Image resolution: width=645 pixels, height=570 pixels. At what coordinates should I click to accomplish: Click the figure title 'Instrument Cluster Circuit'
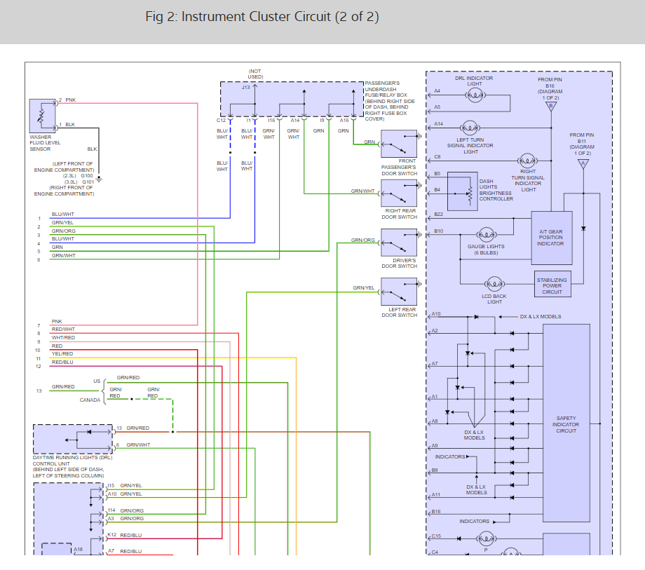click(x=256, y=16)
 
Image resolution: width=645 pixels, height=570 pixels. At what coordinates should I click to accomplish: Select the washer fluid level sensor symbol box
click(x=42, y=116)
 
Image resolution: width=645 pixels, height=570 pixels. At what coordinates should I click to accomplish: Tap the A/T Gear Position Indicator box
click(x=552, y=238)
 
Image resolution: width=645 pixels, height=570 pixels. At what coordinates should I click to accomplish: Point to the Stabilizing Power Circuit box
click(x=552, y=284)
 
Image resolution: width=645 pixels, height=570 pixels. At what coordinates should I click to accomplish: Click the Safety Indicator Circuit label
click(x=566, y=424)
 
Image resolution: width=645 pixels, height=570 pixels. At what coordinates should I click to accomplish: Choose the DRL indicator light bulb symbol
click(x=475, y=95)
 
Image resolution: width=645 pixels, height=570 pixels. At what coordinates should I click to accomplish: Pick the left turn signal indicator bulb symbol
click(x=470, y=128)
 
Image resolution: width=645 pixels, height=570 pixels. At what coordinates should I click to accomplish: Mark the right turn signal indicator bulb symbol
click(x=527, y=161)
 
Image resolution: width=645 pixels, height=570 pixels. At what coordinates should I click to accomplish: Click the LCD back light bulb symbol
click(x=494, y=284)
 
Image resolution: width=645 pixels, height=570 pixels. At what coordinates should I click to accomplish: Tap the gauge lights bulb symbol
click(x=487, y=235)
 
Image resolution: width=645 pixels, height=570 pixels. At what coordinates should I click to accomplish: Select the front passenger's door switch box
click(x=399, y=144)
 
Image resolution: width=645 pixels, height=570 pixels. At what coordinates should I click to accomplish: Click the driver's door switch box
click(x=399, y=242)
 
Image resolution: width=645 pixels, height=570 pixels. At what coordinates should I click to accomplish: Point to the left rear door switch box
click(x=399, y=292)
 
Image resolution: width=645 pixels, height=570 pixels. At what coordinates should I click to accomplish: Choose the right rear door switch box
click(x=399, y=193)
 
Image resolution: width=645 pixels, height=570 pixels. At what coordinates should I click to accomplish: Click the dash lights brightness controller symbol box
click(x=462, y=191)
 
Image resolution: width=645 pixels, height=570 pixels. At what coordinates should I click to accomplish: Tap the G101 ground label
click(x=88, y=182)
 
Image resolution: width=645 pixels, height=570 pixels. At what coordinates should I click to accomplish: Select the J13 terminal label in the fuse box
click(x=245, y=87)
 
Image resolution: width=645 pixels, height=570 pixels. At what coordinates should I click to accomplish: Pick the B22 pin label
click(x=438, y=215)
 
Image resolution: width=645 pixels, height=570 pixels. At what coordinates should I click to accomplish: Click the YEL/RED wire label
click(x=62, y=353)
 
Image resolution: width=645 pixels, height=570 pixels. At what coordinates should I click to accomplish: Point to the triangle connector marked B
click(x=551, y=106)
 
